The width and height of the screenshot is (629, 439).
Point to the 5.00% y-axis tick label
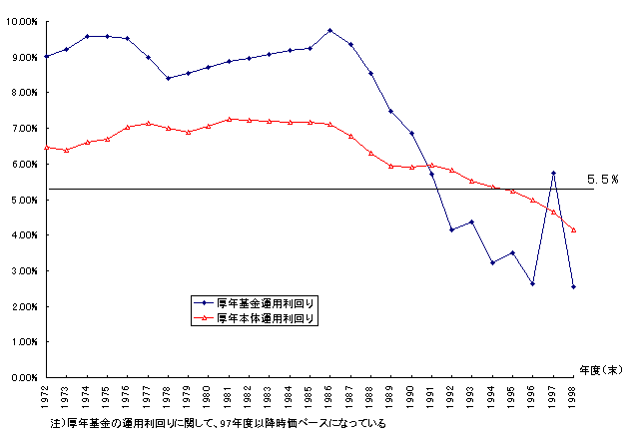tap(23, 200)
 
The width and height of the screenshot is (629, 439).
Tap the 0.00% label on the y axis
tap(23, 378)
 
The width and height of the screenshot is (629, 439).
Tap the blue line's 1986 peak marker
tap(330, 30)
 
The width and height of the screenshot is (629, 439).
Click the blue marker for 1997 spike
tap(553, 173)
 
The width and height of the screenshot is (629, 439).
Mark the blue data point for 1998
tap(573, 286)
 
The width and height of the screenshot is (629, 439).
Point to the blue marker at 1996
tap(533, 283)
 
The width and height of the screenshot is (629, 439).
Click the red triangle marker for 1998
tap(573, 229)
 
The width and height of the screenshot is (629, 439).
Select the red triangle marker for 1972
tap(47, 147)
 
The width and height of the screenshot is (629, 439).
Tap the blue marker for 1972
tap(47, 56)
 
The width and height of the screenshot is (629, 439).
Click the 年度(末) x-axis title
tap(598, 368)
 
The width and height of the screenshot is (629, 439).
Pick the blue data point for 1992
tap(451, 229)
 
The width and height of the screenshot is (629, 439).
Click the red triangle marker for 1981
tap(230, 119)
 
